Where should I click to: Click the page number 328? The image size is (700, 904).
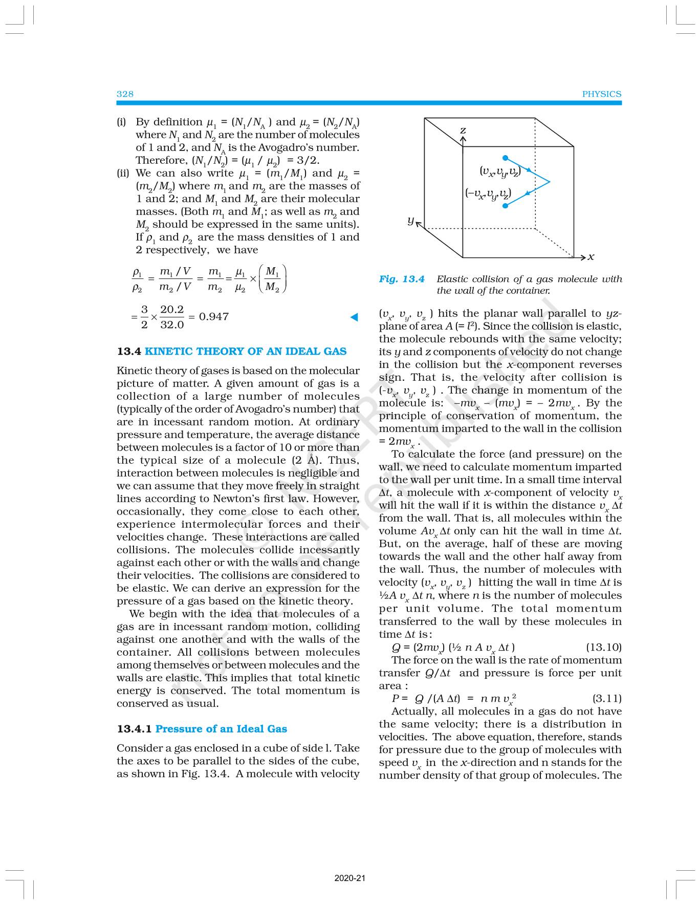(x=125, y=94)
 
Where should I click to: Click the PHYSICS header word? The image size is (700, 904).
(x=601, y=94)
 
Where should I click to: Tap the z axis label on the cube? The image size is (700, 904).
(x=463, y=131)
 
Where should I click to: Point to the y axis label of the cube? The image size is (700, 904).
(x=410, y=220)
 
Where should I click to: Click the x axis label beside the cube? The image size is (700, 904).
(x=591, y=257)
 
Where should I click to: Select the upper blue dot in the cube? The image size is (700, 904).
(x=506, y=158)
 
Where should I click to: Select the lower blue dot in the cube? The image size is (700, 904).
(x=506, y=206)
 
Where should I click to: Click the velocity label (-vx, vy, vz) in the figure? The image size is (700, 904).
(x=488, y=193)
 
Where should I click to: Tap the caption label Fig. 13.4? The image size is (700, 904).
(x=402, y=279)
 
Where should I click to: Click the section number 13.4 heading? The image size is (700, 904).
(x=128, y=351)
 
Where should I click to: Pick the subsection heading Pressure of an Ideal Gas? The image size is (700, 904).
(x=221, y=729)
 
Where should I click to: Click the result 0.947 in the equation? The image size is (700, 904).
(x=213, y=317)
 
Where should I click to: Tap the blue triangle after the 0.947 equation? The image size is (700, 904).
(x=354, y=317)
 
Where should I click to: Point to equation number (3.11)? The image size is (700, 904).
(x=606, y=698)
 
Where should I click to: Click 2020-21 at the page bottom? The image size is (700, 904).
(x=350, y=878)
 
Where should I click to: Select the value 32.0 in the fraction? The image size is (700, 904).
(x=172, y=325)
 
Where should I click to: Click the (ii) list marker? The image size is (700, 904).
(x=123, y=173)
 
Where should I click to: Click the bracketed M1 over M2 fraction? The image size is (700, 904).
(x=273, y=279)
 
